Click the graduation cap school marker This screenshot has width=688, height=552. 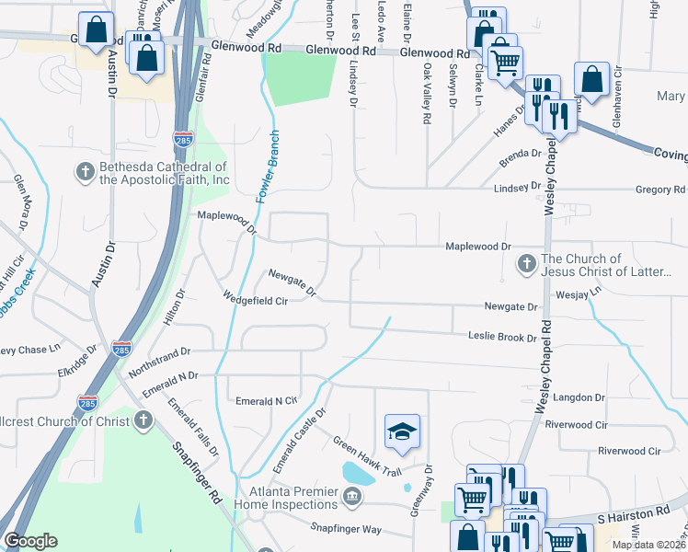pos(402,431)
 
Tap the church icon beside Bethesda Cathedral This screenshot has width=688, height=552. pos(85,171)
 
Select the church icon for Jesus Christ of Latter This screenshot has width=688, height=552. pos(527,265)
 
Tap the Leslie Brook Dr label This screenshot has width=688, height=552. pos(501,338)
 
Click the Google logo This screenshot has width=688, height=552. pos(30,542)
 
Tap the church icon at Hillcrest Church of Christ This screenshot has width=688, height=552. pos(142,420)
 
